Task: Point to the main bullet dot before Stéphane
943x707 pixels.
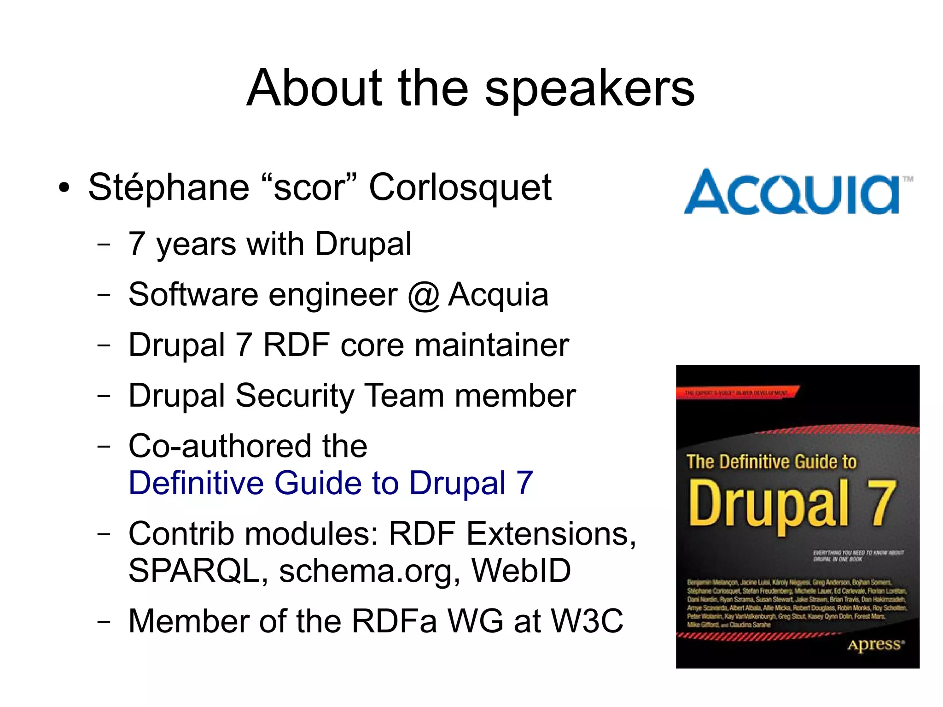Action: pyautogui.click(x=64, y=188)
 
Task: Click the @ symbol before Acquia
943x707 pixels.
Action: pyautogui.click(x=423, y=295)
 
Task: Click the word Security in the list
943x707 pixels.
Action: pyautogui.click(x=294, y=396)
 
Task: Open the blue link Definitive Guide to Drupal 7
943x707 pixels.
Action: pyautogui.click(x=331, y=483)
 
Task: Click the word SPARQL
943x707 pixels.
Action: pyautogui.click(x=194, y=571)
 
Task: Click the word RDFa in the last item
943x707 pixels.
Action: pyautogui.click(x=394, y=621)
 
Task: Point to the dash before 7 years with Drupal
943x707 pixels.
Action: pyautogui.click(x=104, y=245)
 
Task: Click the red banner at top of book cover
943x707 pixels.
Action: pyautogui.click(x=737, y=393)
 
